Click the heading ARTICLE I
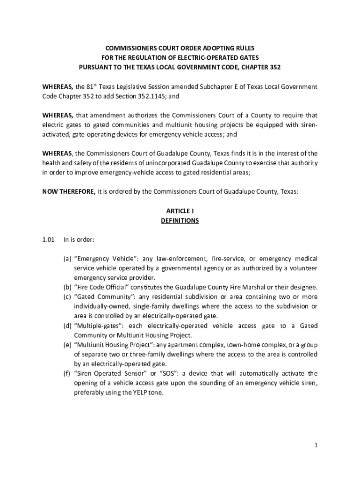point(180,211)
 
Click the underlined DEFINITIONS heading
point(180,220)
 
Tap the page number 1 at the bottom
point(316,445)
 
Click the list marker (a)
point(67,259)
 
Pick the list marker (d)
point(67,326)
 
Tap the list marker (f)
point(67,373)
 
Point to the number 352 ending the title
point(274,67)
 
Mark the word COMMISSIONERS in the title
point(126,48)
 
